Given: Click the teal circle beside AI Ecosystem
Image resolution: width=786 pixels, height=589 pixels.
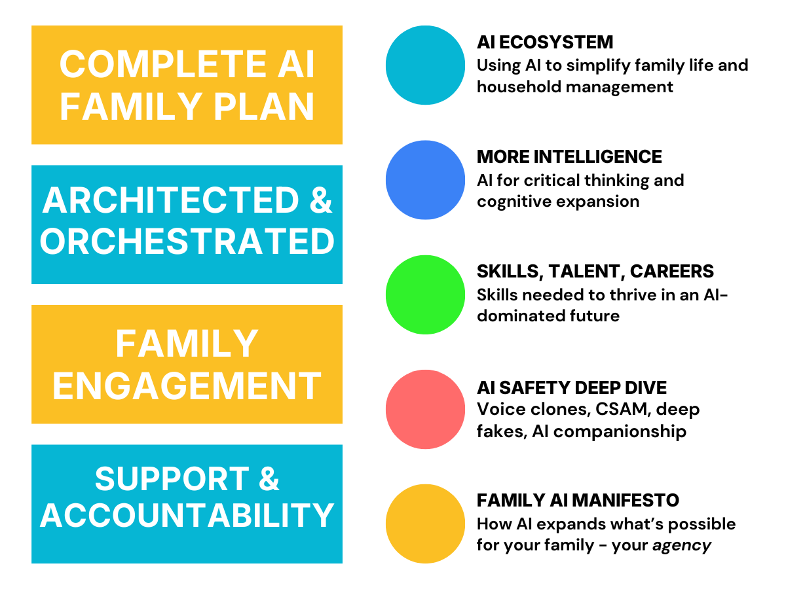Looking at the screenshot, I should coord(425,65).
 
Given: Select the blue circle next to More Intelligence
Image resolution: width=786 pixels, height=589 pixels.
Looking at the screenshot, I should coord(425,180).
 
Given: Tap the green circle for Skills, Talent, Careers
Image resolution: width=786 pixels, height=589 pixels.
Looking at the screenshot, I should coord(425,294).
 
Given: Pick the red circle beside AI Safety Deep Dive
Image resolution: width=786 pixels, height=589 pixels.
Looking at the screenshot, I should coord(425,409).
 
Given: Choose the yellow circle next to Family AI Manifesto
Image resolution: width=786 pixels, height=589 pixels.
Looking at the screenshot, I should coord(425,524).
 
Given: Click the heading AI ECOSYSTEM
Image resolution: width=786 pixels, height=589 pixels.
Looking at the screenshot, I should coord(545,43).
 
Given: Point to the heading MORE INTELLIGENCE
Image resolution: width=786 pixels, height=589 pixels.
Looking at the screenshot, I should coord(569,157).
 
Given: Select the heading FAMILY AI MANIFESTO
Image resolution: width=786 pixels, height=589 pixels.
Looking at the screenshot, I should coord(578,501).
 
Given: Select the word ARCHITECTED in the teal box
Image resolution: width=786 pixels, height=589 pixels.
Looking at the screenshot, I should coord(168,201).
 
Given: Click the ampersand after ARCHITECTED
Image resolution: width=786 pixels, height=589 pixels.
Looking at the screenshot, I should coord(320,201).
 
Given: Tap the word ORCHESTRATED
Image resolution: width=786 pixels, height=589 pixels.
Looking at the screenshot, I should coord(187,242).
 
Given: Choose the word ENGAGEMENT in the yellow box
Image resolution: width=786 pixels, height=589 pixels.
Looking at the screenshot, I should coord(187,385).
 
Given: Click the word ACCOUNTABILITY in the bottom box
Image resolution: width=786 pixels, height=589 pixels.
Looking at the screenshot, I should coord(187,515).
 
